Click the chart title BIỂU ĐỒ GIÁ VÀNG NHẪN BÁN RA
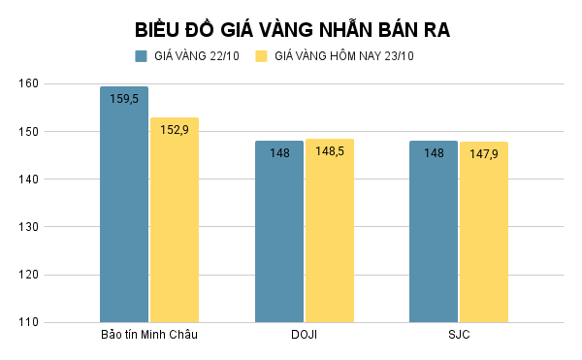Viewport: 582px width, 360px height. tap(291, 28)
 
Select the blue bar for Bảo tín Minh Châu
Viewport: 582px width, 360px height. tap(124, 213)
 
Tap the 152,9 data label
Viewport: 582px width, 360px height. tap(175, 129)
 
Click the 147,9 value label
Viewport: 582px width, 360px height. tap(484, 153)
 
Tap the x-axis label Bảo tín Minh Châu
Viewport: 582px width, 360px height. tap(149, 336)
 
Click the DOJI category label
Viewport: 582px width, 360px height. tap(304, 336)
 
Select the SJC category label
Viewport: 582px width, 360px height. tap(459, 336)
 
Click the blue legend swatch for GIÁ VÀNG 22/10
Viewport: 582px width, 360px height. tap(142, 56)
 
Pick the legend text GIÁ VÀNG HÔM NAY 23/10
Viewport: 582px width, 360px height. tap(344, 56)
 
